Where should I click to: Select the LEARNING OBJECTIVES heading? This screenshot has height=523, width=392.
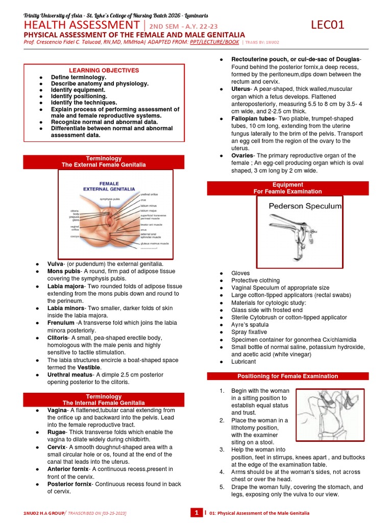[104, 70]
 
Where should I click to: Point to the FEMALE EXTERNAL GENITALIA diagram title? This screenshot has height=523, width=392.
[109, 186]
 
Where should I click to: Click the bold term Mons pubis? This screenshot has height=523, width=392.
[64, 271]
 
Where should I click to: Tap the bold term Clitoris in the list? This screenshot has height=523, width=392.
[61, 338]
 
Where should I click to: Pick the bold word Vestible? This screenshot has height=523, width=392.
[92, 367]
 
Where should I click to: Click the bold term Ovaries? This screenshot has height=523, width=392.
[242, 155]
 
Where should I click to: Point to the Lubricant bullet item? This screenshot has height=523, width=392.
[243, 362]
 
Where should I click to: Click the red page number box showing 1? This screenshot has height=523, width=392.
[197, 513]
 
